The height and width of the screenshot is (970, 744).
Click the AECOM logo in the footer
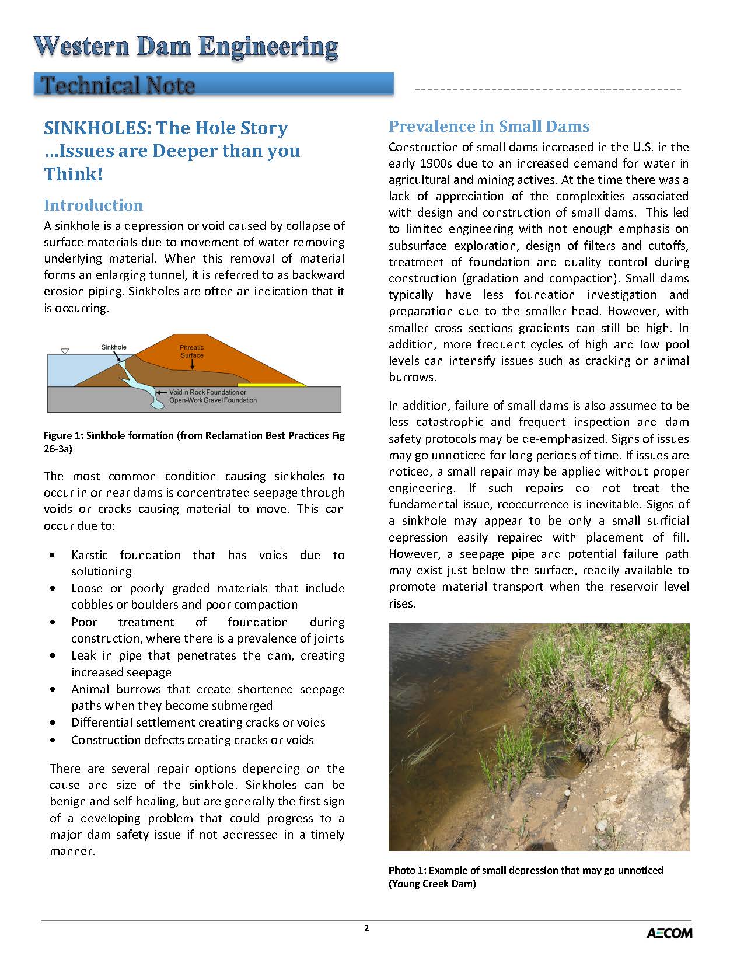(x=669, y=933)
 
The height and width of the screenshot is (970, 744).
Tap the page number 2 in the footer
(x=366, y=929)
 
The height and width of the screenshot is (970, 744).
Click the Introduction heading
(x=93, y=205)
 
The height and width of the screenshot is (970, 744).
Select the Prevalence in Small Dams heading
(x=489, y=127)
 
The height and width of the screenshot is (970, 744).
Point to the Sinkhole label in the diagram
(x=114, y=347)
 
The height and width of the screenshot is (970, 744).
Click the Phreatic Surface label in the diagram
(x=192, y=351)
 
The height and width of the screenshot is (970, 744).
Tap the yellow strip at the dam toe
(x=280, y=385)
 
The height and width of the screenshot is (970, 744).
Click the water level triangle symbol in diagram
(x=65, y=351)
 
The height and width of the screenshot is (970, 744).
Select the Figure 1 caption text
(x=194, y=442)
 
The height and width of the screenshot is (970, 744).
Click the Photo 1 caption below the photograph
(x=525, y=877)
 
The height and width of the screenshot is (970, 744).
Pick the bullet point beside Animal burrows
(x=54, y=689)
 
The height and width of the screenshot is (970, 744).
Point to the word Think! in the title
(x=74, y=174)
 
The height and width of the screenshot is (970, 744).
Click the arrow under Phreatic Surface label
(x=192, y=365)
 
